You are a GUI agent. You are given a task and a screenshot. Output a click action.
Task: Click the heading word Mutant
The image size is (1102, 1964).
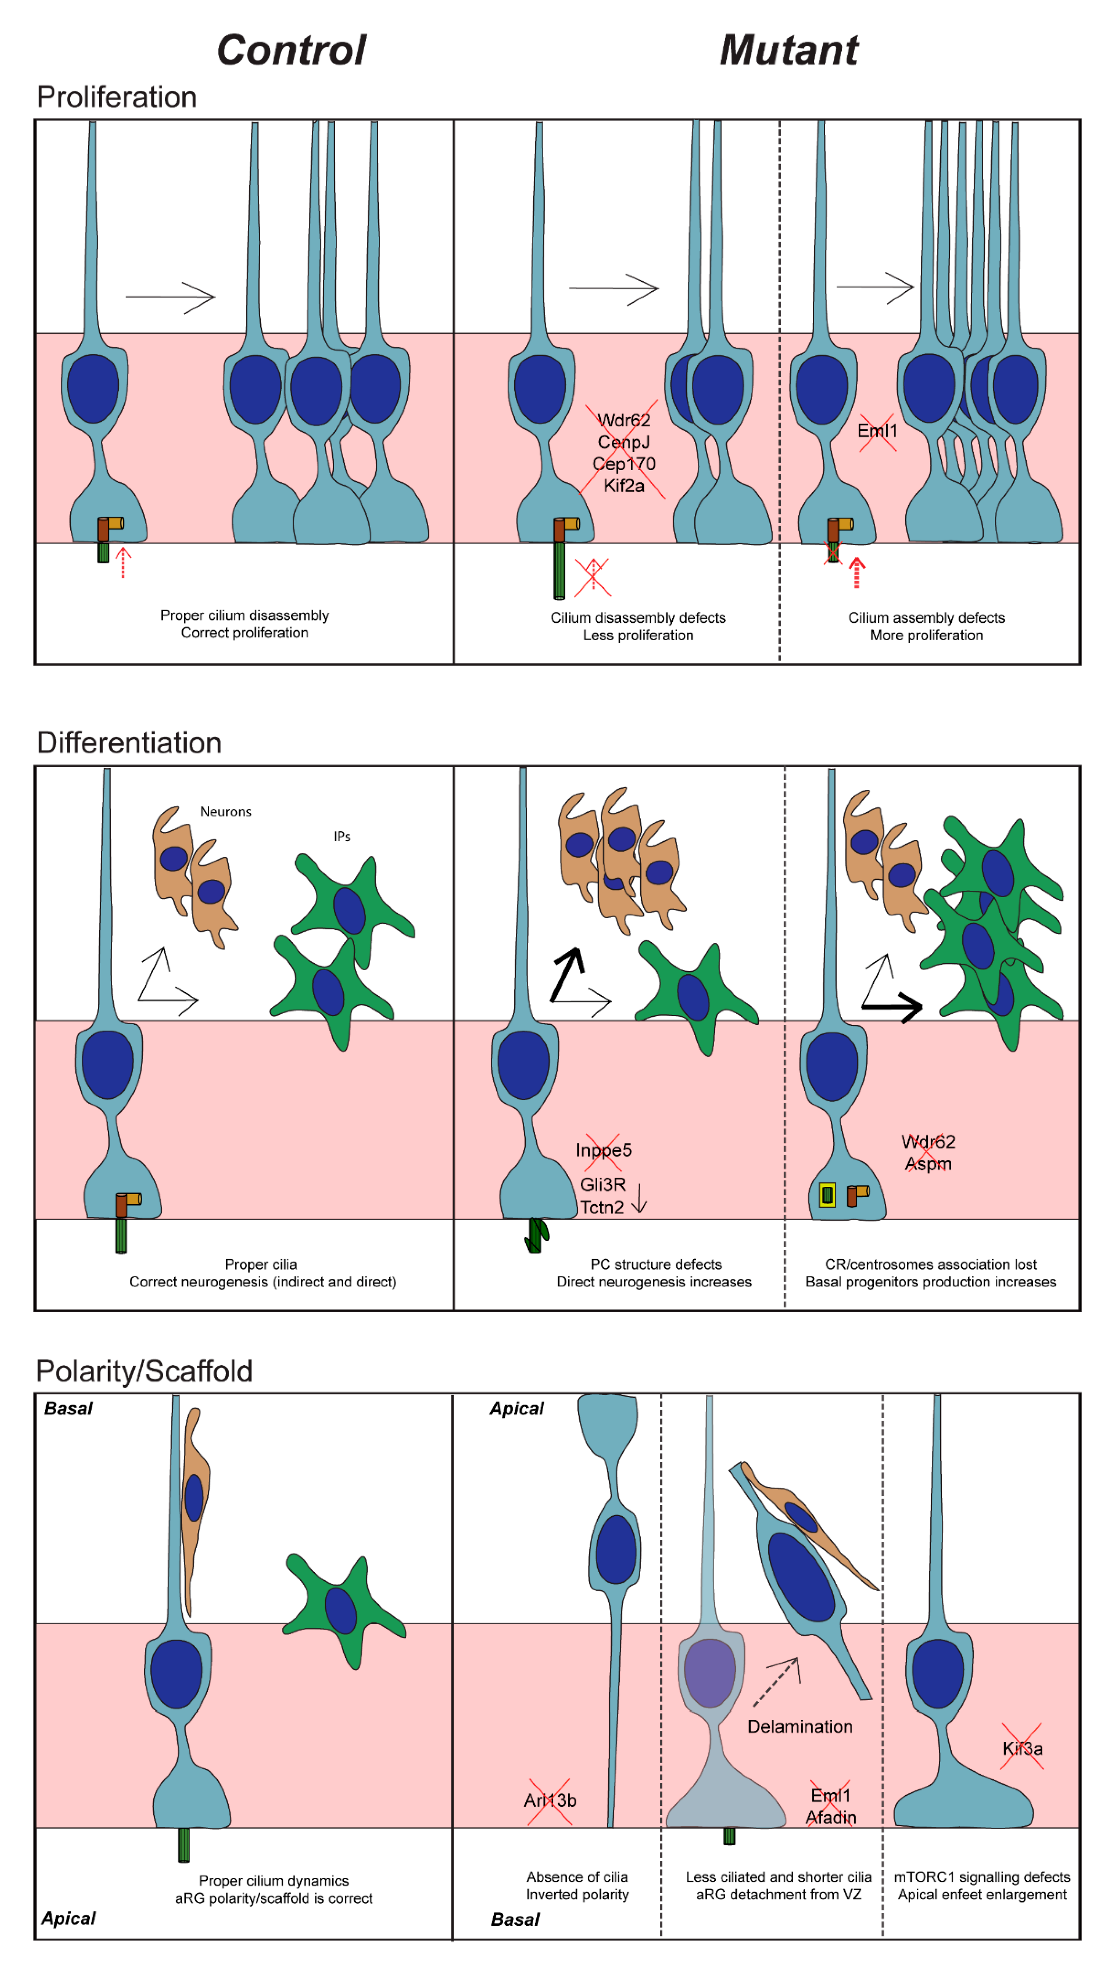pyautogui.click(x=789, y=50)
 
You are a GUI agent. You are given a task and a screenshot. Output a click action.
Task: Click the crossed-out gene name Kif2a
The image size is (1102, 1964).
pyautogui.click(x=623, y=486)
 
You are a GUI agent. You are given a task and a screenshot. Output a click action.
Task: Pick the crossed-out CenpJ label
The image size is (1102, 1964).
pyautogui.click(x=623, y=442)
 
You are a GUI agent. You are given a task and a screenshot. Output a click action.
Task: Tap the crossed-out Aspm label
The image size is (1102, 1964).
pyautogui.click(x=927, y=1164)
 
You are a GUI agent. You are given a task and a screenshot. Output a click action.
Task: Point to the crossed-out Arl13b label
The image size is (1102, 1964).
pyautogui.click(x=549, y=1800)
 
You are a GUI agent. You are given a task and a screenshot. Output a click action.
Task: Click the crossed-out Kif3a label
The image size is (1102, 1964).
pyautogui.click(x=1022, y=1748)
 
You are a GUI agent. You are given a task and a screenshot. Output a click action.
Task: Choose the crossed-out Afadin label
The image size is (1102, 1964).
pyautogui.click(x=831, y=1818)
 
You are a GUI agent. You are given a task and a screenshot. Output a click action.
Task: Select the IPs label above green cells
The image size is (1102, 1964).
pyautogui.click(x=342, y=837)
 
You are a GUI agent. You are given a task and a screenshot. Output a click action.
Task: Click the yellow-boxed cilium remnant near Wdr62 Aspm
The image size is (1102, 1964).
pyautogui.click(x=826, y=1195)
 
